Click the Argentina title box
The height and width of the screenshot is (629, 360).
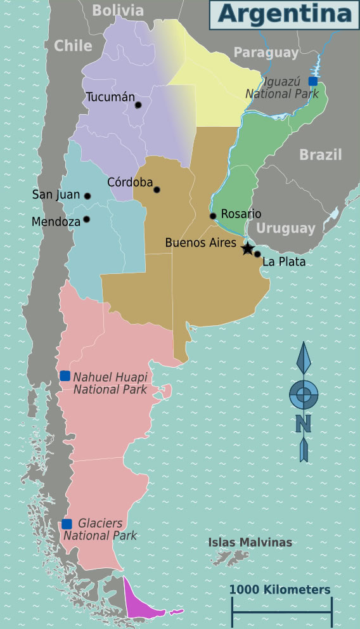click(x=284, y=15)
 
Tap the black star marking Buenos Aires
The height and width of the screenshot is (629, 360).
click(x=248, y=249)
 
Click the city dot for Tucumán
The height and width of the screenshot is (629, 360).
click(x=138, y=105)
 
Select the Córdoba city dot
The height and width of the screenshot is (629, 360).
click(x=157, y=190)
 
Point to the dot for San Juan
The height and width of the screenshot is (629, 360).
click(x=87, y=197)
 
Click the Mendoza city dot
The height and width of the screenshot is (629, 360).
click(x=86, y=219)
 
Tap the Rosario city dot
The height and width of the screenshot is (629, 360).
click(x=213, y=216)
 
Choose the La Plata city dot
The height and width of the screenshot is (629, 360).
click(x=257, y=254)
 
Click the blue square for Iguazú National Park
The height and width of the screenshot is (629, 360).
click(x=312, y=81)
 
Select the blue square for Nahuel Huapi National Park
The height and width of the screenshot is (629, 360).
click(x=65, y=376)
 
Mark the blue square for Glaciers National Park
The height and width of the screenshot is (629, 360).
click(x=67, y=524)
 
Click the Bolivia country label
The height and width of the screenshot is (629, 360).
click(x=118, y=10)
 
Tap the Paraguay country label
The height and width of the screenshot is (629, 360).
click(x=266, y=53)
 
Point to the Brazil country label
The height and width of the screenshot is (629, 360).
click(x=320, y=155)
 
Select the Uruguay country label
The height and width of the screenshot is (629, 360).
click(x=286, y=228)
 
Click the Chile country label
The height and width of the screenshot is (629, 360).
click(x=73, y=46)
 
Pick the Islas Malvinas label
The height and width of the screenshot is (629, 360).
click(x=250, y=542)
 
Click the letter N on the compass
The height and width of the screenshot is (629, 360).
click(x=304, y=423)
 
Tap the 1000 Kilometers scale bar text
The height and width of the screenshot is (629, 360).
click(x=280, y=590)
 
